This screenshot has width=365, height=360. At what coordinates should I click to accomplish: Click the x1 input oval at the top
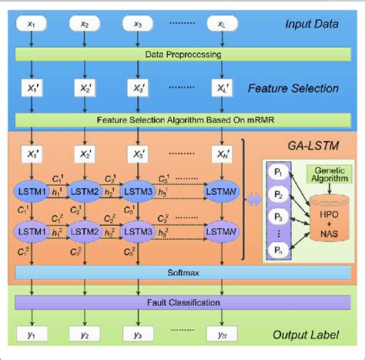(31, 24)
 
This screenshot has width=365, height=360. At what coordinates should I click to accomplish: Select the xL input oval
(222, 24)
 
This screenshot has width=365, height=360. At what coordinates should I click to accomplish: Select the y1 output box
(31, 335)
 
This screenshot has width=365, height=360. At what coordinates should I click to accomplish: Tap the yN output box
(221, 335)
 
